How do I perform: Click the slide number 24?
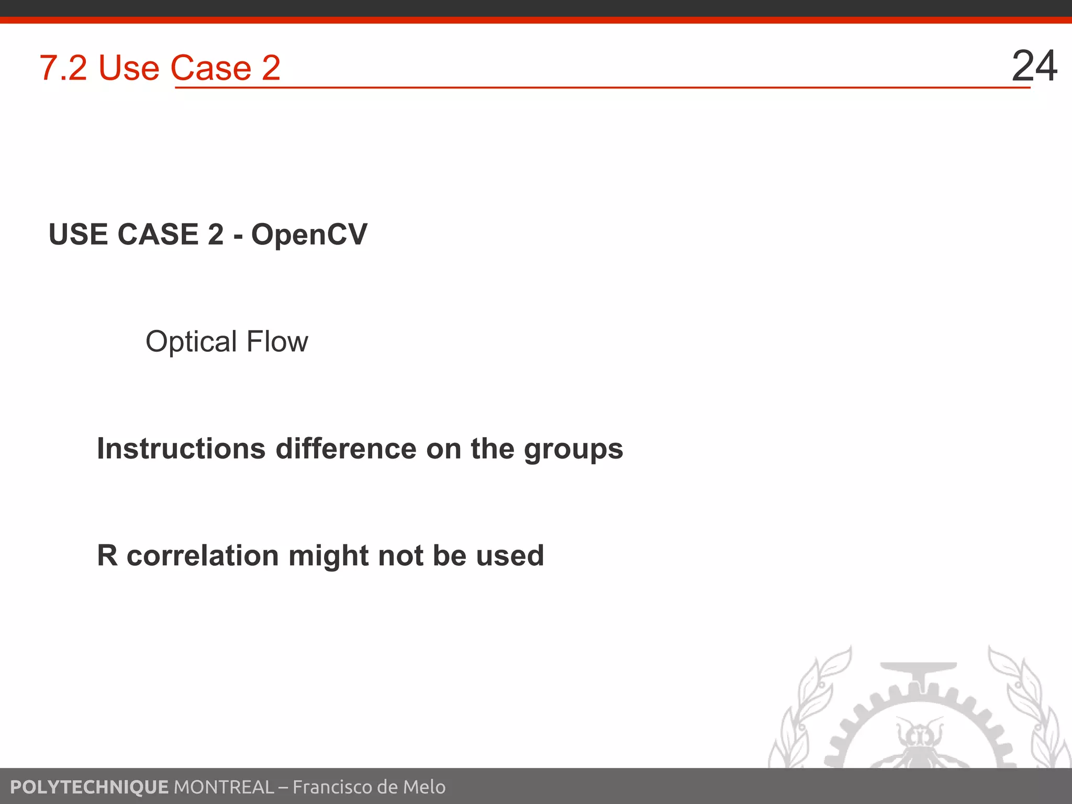click(1034, 66)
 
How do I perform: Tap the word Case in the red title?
click(211, 68)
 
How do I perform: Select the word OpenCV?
click(309, 234)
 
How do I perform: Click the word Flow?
click(277, 342)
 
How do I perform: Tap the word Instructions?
click(181, 449)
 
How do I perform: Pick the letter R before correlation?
click(107, 555)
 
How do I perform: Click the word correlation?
click(203, 555)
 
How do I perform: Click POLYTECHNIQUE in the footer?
click(89, 787)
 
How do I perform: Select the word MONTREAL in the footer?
click(224, 787)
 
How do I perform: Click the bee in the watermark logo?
click(920, 743)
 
